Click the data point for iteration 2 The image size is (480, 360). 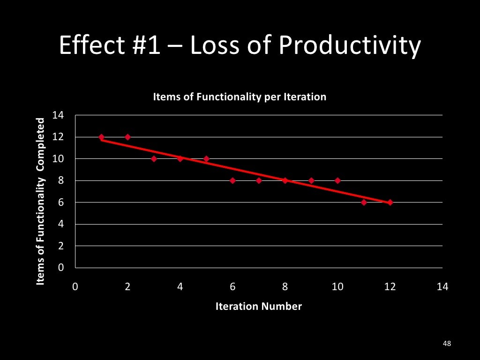click(127, 137)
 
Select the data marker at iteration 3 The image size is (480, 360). click(154, 158)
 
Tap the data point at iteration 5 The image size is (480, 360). click(206, 158)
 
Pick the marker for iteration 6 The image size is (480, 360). click(232, 180)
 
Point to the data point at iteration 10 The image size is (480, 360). click(337, 180)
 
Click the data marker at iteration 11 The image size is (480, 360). click(364, 202)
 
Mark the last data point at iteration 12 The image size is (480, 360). click(390, 202)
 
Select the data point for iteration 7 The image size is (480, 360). click(259, 180)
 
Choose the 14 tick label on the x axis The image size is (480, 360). click(442, 287)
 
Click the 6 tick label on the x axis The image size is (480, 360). click(232, 287)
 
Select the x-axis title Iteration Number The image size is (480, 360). click(258, 307)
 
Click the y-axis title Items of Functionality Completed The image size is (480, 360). click(41, 201)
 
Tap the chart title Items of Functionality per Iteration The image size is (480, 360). click(240, 97)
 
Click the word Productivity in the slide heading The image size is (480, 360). click(350, 46)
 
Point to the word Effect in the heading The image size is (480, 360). click(89, 45)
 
